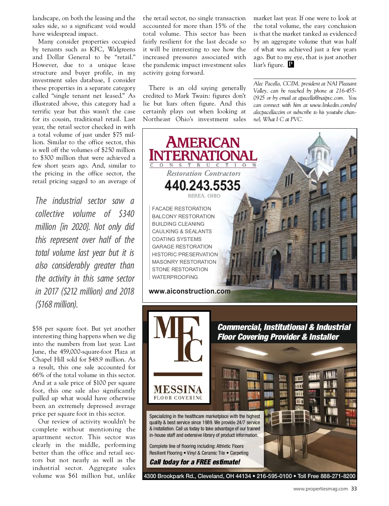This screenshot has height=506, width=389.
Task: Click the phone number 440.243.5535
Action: (203, 185)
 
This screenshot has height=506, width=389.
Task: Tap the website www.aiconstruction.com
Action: (190, 291)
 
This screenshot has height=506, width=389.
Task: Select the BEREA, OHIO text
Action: (204, 196)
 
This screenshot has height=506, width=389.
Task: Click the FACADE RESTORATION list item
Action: (182, 209)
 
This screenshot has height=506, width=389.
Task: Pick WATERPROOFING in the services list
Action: (175, 277)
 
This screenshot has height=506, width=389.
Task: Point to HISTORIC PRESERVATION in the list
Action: (185, 254)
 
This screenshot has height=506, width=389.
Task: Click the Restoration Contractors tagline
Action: (204, 173)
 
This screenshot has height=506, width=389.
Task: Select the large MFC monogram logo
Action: (178, 339)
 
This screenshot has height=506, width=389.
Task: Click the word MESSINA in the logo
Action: (178, 389)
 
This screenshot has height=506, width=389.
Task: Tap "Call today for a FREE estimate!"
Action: (195, 462)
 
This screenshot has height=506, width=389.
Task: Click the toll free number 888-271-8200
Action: (338, 476)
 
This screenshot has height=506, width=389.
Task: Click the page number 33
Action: (354, 488)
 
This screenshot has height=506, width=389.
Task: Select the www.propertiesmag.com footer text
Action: (320, 488)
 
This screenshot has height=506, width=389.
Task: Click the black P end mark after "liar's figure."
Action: (291, 64)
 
